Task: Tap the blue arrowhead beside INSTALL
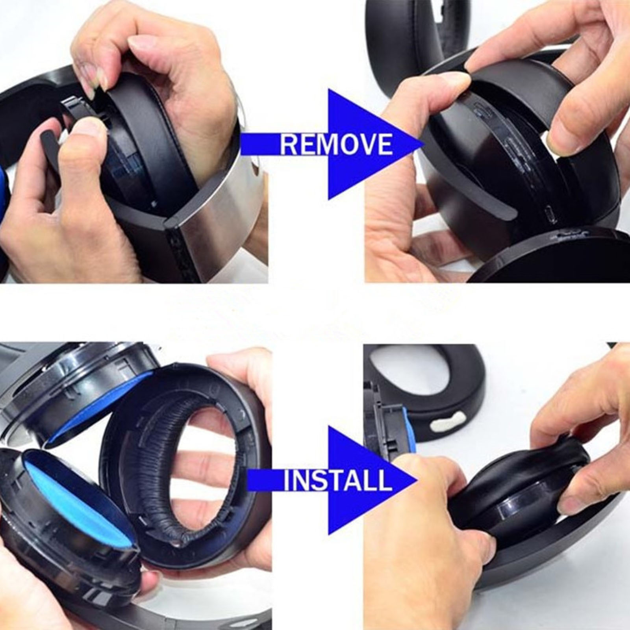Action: (372, 480)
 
